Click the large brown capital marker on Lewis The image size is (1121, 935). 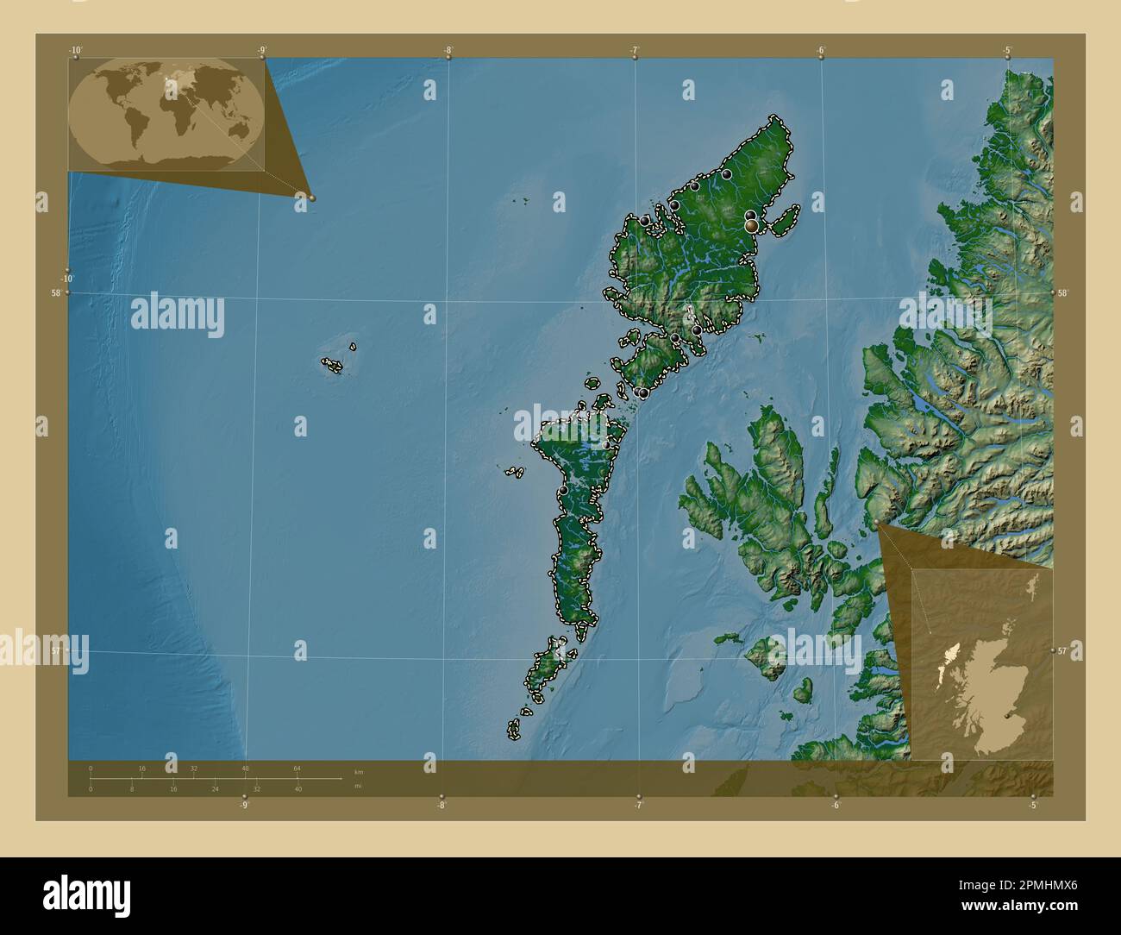(752, 225)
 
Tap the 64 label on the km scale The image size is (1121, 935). (297, 768)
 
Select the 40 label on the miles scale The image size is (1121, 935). (297, 788)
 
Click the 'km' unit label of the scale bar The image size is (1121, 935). (358, 772)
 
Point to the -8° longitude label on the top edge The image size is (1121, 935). (448, 50)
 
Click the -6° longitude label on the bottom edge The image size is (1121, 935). (836, 806)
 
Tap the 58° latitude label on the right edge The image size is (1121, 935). (1063, 293)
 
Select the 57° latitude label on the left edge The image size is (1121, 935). (58, 650)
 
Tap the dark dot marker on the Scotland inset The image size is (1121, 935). (1008, 715)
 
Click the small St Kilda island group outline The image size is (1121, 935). (332, 365)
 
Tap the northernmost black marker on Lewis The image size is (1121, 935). (727, 174)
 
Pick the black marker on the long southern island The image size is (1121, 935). (563, 490)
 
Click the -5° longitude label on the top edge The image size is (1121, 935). (1007, 50)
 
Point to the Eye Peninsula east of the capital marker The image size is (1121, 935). (781, 224)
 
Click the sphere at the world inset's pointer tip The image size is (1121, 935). (312, 198)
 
